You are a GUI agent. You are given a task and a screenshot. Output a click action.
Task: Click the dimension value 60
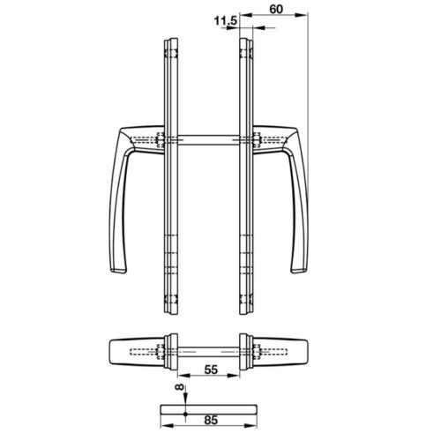276,9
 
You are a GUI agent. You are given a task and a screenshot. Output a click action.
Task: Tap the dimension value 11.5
226,21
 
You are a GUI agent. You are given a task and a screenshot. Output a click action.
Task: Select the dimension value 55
211,370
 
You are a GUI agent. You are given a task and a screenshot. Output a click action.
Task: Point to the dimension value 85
211,420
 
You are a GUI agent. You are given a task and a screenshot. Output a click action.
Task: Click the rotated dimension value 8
179,387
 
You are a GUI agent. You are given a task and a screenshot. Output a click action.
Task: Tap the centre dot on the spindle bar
185,414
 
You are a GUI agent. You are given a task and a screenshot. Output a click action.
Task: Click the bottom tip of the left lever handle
118,271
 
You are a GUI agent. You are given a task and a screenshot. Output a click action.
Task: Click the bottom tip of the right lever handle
299,271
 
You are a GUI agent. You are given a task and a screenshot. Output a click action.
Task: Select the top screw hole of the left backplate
171,54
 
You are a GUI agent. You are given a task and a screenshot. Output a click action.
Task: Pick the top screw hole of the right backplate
246,54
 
